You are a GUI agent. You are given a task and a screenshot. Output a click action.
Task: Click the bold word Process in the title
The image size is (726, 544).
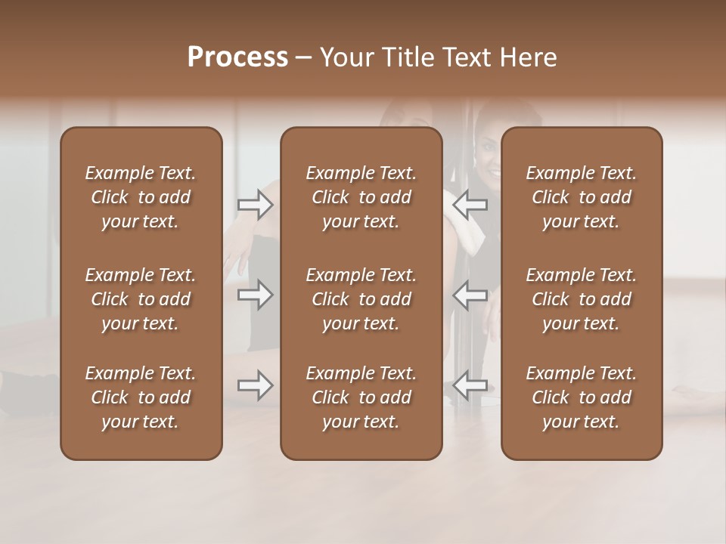point(237,57)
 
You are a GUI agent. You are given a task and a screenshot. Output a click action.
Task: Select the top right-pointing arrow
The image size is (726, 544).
point(256,204)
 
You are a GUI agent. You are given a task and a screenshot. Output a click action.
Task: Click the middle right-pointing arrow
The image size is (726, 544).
point(256,295)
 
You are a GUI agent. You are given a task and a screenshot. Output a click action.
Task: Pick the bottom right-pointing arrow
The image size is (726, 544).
point(256,386)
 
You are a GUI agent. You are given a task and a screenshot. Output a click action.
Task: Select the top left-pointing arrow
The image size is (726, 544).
point(470,204)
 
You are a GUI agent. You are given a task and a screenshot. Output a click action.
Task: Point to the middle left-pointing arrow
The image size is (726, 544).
point(470,295)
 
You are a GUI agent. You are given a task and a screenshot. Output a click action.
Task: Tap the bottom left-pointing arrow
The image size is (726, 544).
point(470,386)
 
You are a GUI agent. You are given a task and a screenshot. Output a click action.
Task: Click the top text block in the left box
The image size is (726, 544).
point(141,197)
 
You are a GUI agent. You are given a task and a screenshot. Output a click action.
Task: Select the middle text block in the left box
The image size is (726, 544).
point(141,299)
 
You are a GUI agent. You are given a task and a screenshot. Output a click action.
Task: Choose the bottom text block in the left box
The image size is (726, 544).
point(141,397)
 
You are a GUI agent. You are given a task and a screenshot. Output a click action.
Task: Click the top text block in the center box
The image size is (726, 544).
point(361,197)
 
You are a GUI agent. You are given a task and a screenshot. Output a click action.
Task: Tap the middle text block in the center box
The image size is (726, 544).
point(361,299)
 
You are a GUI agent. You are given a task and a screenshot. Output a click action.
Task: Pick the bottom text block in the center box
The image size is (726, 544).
point(361,397)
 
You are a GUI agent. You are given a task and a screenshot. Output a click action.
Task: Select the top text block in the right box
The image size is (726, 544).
point(582,197)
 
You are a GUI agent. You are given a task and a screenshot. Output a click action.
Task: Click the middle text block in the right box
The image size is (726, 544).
point(582,299)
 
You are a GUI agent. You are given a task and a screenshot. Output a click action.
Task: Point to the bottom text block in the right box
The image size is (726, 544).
point(582,397)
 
